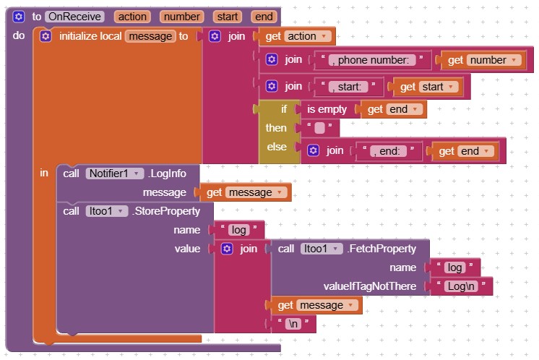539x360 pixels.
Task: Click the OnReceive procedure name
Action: pyautogui.click(x=74, y=16)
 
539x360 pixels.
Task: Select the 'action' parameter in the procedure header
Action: pyautogui.click(x=133, y=16)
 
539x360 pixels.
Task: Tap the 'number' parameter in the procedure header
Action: pyautogui.click(x=181, y=16)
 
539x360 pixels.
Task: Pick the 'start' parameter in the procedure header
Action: pyautogui.click(x=229, y=16)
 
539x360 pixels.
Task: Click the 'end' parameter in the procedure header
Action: pyautogui.click(x=264, y=16)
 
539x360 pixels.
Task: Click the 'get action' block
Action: pyautogui.click(x=298, y=36)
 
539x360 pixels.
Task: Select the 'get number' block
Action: pyautogui.click(x=483, y=61)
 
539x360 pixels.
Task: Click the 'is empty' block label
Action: pyautogui.click(x=327, y=110)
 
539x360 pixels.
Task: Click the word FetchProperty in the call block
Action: pyautogui.click(x=382, y=249)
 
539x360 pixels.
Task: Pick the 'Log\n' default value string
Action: pyautogui.click(x=462, y=286)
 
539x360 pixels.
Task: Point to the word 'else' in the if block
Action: pyautogui.click(x=277, y=147)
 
